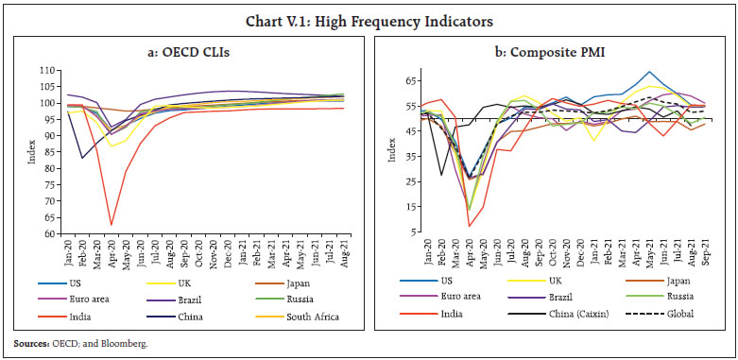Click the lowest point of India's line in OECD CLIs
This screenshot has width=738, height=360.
point(112,225)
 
